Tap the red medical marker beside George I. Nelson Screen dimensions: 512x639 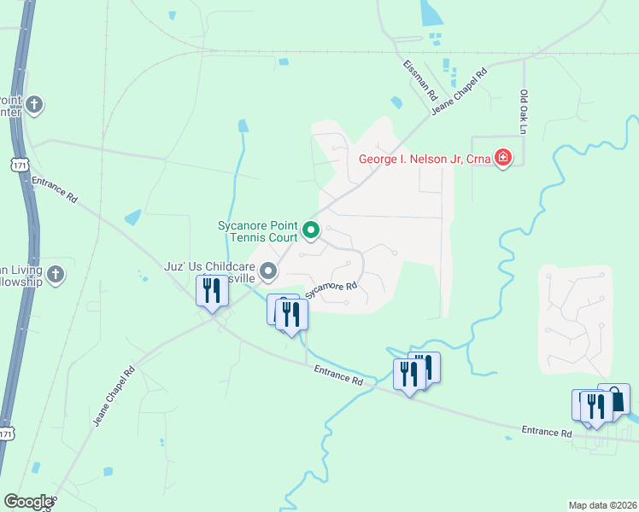503,158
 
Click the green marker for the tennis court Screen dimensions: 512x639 312,230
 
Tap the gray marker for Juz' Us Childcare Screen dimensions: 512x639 269,272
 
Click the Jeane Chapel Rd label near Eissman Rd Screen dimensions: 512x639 459,89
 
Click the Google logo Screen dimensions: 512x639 28,502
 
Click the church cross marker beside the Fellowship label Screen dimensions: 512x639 56,274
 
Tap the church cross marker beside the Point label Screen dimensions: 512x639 33,105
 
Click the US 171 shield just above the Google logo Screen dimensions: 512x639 5,434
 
